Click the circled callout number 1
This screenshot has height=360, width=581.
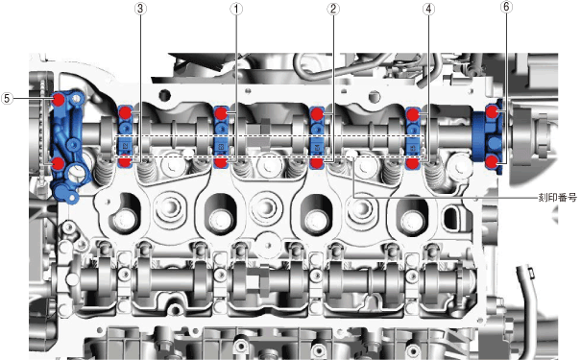click(236, 9)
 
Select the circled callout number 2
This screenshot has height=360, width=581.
click(332, 9)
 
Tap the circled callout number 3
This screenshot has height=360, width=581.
click(139, 9)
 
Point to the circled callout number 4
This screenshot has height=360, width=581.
click(428, 9)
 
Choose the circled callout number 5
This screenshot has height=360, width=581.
click(7, 99)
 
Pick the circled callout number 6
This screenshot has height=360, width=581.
click(506, 7)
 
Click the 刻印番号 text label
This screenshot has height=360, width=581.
click(558, 198)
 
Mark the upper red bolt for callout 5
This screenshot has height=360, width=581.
click(59, 99)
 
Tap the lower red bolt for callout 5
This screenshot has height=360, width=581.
click(59, 163)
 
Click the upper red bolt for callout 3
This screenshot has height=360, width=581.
click(126, 112)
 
